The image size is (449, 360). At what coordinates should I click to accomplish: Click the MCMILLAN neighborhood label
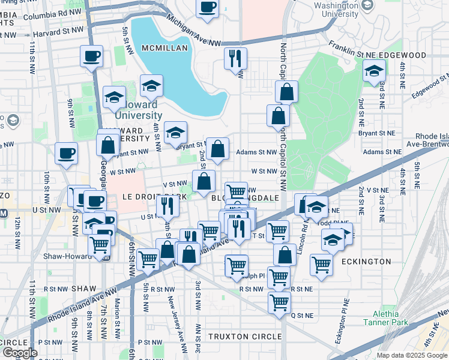(165, 47)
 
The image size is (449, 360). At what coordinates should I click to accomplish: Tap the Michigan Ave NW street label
(195, 36)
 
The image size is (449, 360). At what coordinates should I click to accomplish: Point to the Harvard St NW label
(58, 31)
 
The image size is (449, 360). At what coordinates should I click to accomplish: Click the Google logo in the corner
(19, 353)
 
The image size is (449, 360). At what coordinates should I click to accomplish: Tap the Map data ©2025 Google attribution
(412, 355)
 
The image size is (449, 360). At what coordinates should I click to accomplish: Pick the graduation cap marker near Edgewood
(373, 72)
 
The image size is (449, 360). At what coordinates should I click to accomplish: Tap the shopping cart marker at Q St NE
(279, 302)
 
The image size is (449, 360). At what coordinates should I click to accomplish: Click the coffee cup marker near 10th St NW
(66, 153)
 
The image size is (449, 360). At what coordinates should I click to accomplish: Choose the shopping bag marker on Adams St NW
(217, 148)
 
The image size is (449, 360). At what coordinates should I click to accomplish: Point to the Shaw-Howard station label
(66, 256)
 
